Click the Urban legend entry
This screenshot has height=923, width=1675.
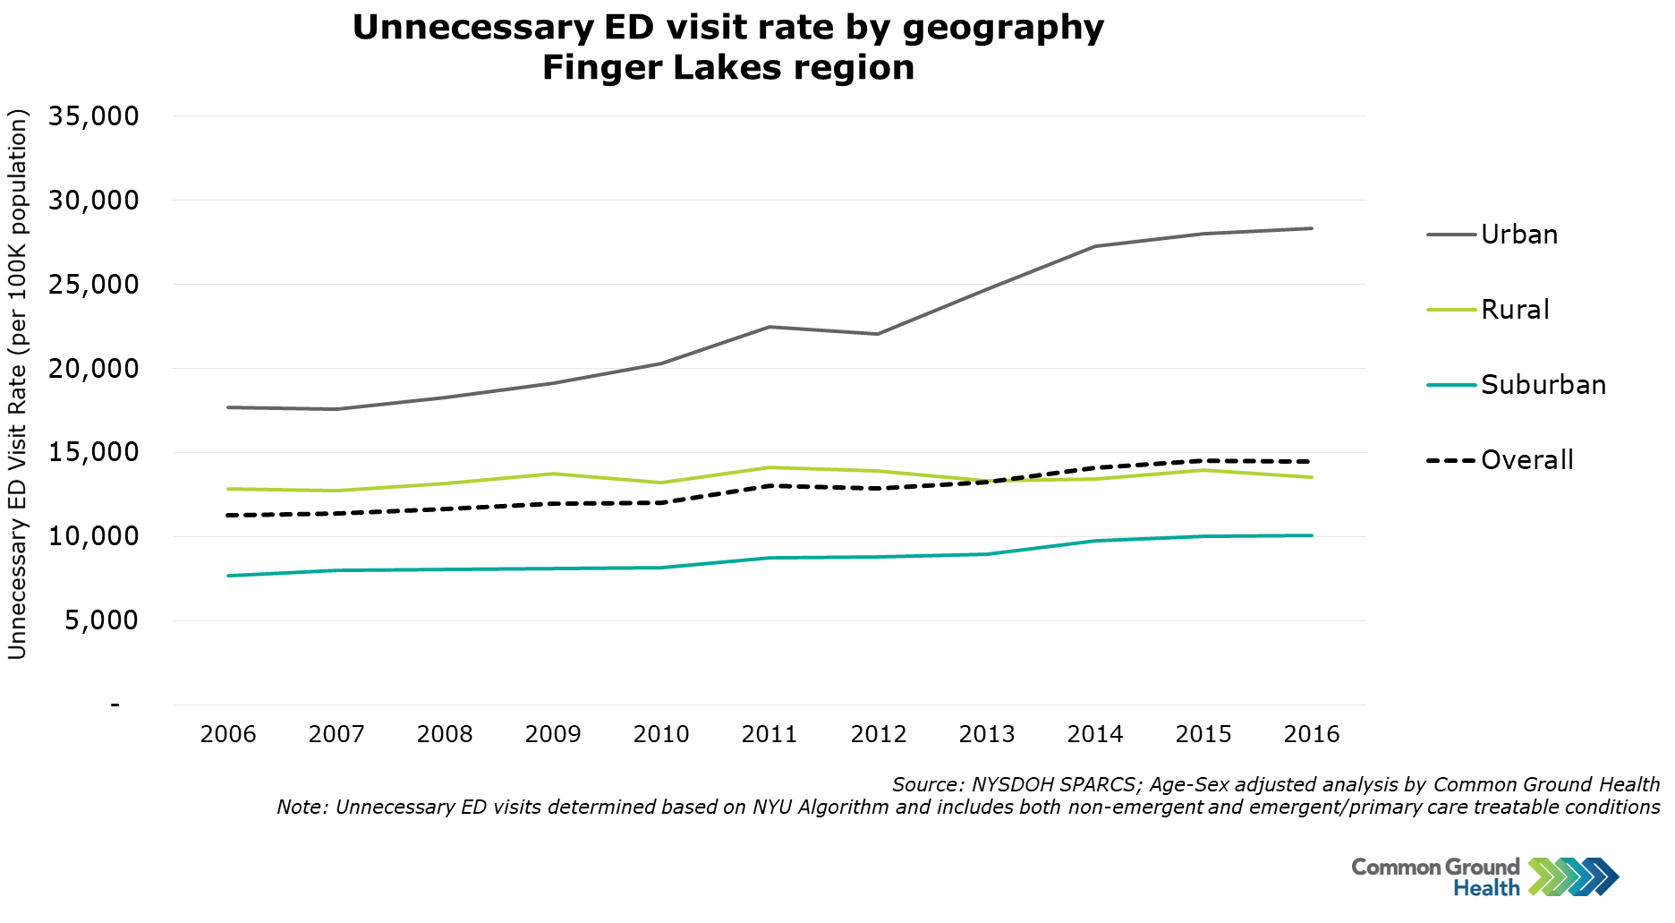click(1518, 235)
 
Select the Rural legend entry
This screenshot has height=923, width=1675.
click(1514, 310)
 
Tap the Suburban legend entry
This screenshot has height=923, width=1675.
click(1543, 385)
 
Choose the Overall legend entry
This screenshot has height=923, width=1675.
click(1526, 460)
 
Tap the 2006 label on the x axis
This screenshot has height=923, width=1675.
click(228, 735)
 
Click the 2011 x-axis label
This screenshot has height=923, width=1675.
click(769, 735)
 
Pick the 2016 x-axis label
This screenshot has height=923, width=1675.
click(1312, 735)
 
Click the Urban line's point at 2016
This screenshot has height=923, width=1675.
click(1312, 228)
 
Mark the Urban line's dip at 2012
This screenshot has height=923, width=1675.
click(878, 334)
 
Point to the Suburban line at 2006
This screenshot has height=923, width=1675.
click(228, 576)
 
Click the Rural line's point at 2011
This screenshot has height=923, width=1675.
click(769, 467)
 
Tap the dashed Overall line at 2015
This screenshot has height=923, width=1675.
click(1203, 461)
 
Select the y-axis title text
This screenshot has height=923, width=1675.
click(18, 385)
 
